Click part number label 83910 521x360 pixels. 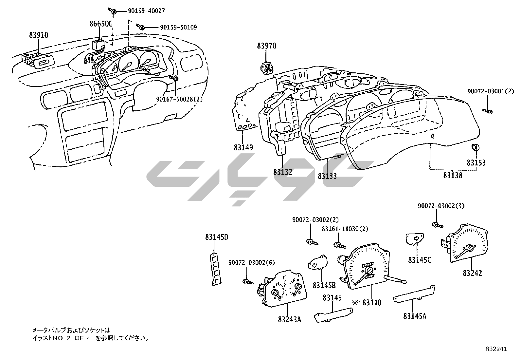(x=39, y=34)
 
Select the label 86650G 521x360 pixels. (x=101, y=24)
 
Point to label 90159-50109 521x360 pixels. (x=178, y=28)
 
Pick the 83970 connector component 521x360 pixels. (x=267, y=68)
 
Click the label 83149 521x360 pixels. (x=243, y=148)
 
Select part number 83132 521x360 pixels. (x=283, y=172)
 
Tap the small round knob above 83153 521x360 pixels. (x=475, y=148)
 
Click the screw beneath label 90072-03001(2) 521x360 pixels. (x=488, y=112)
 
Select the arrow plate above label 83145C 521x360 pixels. (x=415, y=239)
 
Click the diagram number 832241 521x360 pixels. (x=496, y=349)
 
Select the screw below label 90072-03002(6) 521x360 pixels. (x=247, y=281)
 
